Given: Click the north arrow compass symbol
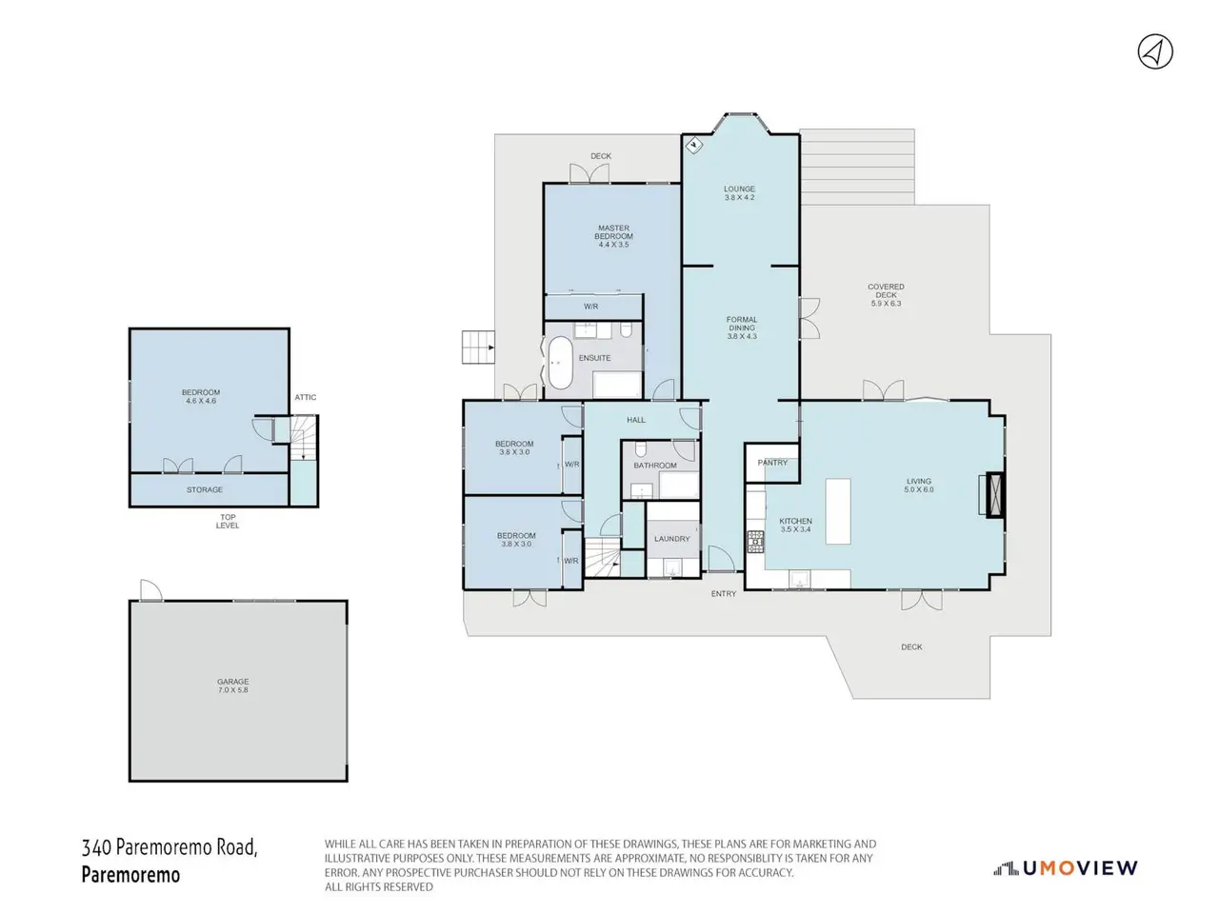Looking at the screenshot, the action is (1154, 52).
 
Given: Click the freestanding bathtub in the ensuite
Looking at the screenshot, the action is (560, 363).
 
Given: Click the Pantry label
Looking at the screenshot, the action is (772, 463).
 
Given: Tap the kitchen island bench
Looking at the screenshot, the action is (837, 511).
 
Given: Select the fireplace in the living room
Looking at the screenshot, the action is (994, 495).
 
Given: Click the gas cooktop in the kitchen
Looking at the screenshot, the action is (755, 542).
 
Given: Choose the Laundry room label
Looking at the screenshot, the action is (671, 538).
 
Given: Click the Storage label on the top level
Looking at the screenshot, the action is (205, 489).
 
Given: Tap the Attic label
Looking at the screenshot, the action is (305, 397).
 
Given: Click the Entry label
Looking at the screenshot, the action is (723, 593).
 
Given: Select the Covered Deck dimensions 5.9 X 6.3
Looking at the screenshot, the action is (886, 304).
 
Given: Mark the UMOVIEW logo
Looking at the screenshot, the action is (1065, 868).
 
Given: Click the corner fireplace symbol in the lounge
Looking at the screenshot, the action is (693, 146).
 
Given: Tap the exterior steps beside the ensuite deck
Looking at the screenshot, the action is (478, 348).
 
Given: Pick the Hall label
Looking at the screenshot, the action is (636, 420).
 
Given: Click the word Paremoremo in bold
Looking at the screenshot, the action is (130, 874).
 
